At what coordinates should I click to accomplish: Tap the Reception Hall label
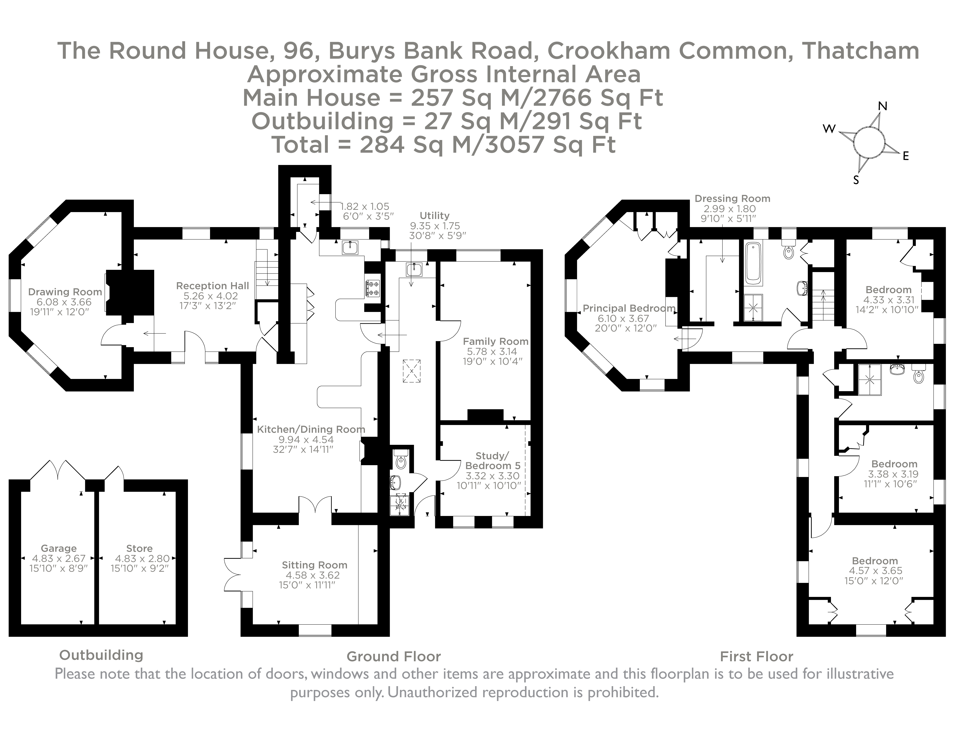pyautogui.click(x=213, y=285)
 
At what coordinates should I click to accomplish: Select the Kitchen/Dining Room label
pyautogui.click(x=311, y=429)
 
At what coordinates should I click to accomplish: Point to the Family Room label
pyautogui.click(x=495, y=341)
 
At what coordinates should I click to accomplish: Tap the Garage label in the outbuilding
pyautogui.click(x=59, y=548)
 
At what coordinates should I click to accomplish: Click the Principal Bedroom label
pyautogui.click(x=629, y=308)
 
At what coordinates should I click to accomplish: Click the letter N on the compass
pyautogui.click(x=882, y=106)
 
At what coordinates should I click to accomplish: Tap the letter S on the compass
pyautogui.click(x=856, y=180)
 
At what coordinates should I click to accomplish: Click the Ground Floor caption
pyautogui.click(x=394, y=656)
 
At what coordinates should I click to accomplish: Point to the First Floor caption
pyautogui.click(x=756, y=656)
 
